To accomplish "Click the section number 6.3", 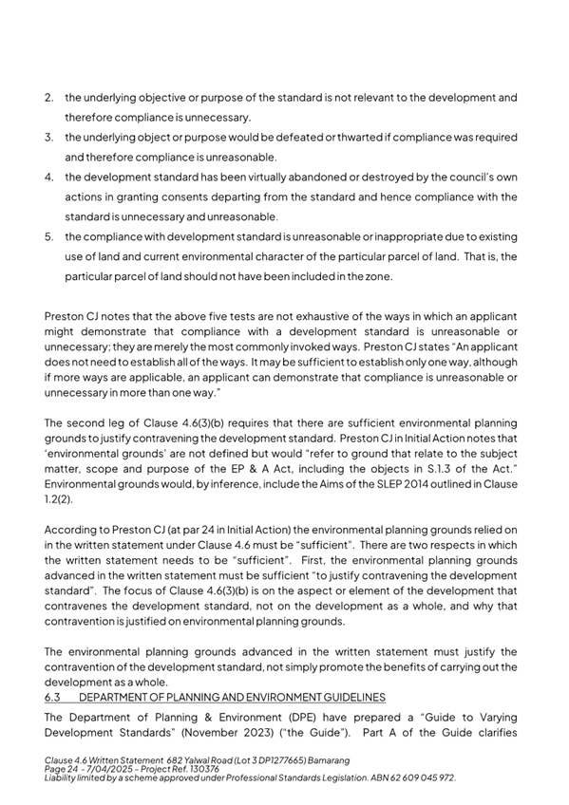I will coord(53,696).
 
